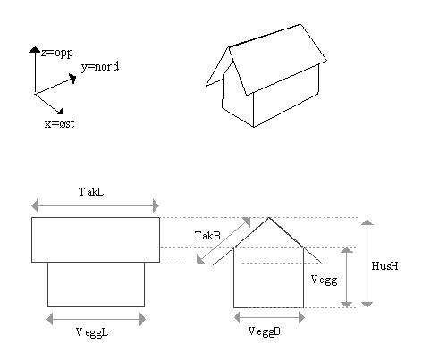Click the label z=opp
[57, 54]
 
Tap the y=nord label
[100, 67]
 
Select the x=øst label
[59, 123]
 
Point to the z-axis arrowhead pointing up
[35, 50]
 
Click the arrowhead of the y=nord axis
[72, 79]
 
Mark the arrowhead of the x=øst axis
[60, 111]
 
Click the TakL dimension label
[91, 192]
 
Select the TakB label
[207, 236]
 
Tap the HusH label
[384, 265]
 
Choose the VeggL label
[92, 332]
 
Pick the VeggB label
[265, 331]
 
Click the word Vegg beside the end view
[324, 280]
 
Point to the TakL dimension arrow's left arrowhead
[35, 205]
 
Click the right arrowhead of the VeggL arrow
[142, 320]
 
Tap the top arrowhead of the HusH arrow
[367, 222]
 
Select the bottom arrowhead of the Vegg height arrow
[347, 305]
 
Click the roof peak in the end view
[269, 218]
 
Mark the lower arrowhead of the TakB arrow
[200, 260]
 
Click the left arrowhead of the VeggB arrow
[237, 318]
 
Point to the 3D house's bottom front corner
[254, 127]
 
